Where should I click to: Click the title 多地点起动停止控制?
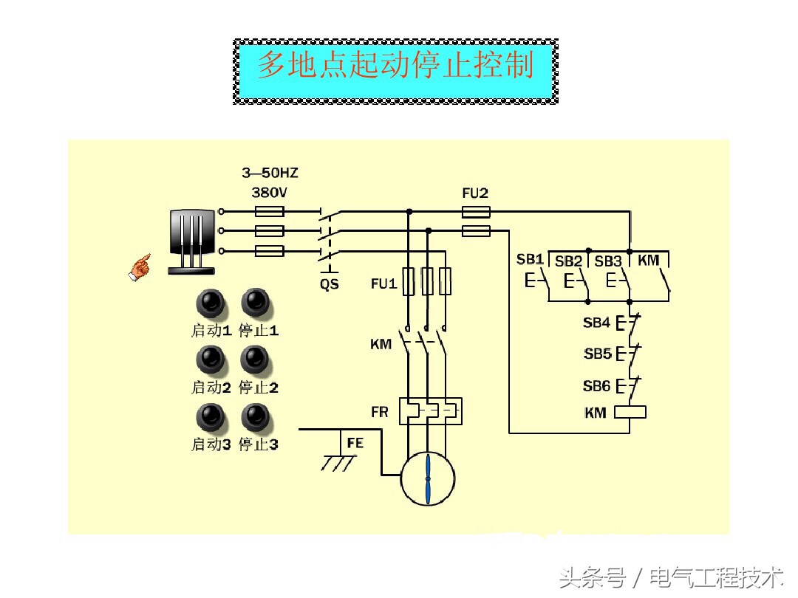(x=395, y=66)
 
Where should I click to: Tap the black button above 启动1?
(x=211, y=302)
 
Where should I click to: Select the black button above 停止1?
(x=256, y=302)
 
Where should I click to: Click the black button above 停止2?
(x=256, y=360)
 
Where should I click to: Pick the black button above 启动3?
(x=211, y=417)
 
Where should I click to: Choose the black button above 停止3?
(x=256, y=417)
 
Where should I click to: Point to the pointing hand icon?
(x=139, y=267)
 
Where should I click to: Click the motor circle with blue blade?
(x=428, y=479)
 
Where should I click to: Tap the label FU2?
(x=475, y=193)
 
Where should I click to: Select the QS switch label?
(x=330, y=283)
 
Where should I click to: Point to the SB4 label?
(x=596, y=323)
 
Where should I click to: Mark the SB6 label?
(x=596, y=386)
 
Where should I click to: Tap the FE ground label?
(x=355, y=443)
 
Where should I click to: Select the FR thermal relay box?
(x=430, y=411)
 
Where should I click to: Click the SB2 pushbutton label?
(x=568, y=261)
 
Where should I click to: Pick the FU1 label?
(x=383, y=283)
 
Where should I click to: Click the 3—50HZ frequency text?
(x=270, y=173)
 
